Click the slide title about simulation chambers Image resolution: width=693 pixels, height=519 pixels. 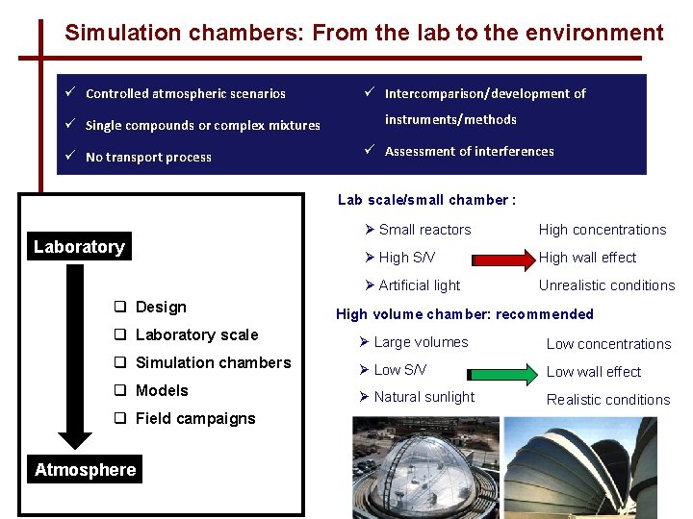364,33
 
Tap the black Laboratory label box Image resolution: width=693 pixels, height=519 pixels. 79,247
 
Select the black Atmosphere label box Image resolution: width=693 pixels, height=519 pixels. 86,470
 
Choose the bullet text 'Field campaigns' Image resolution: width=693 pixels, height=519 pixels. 195,418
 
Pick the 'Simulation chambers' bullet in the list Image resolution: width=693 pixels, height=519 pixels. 213,362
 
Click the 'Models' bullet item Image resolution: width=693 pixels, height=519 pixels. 162,390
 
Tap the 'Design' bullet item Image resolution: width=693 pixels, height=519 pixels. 161,307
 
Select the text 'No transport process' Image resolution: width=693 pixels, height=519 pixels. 148,157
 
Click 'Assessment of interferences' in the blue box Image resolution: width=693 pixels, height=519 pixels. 469,151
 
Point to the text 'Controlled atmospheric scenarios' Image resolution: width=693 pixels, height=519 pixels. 186,93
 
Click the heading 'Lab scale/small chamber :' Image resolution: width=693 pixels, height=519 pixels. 426,200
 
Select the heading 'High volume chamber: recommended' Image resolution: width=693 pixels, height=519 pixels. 464,314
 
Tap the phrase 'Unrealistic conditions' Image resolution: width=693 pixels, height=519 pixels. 606,285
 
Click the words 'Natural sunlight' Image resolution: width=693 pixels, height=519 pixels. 423,397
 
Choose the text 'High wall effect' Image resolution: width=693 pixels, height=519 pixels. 587,258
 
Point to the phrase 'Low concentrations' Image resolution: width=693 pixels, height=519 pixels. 608,344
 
